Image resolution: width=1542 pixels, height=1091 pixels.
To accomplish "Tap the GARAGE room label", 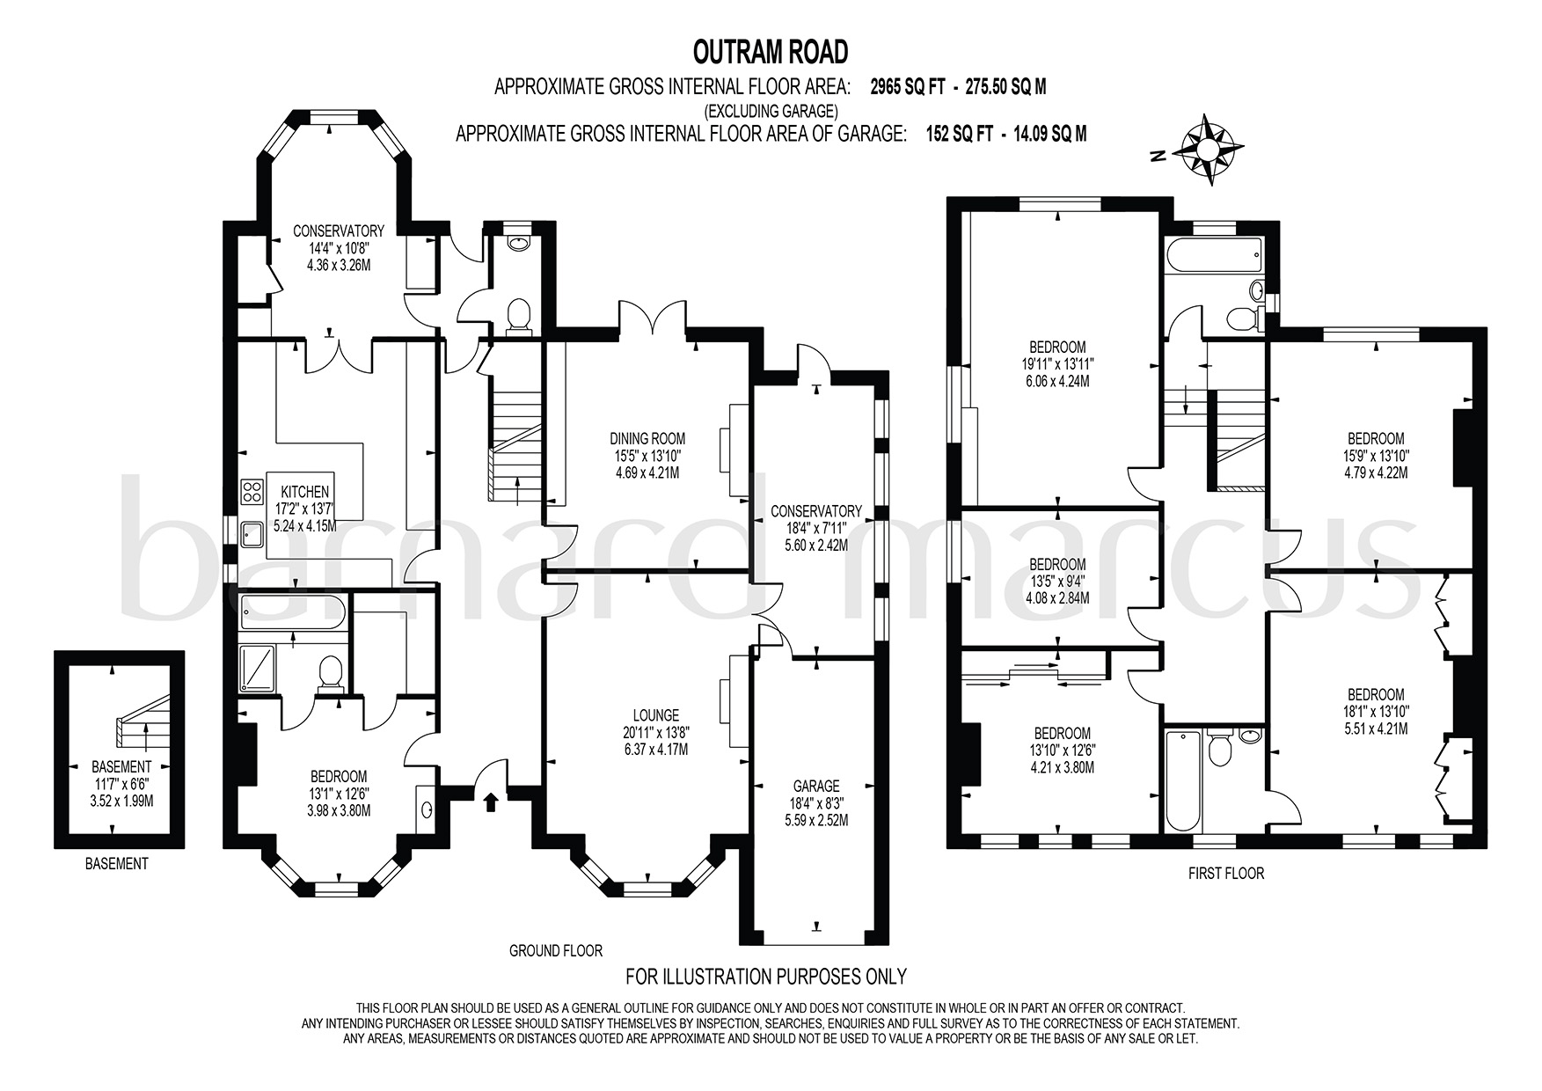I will coord(816,786).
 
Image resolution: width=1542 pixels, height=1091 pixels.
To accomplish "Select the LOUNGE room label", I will coord(655,715).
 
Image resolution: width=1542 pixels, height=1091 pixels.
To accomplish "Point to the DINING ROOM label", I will coord(647,438).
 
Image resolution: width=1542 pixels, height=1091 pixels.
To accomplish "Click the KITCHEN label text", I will coord(304,492).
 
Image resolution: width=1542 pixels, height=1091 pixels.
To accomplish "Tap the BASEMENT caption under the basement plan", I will coord(116,863).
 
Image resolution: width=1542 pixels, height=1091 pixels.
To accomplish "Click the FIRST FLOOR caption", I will coord(1225,874).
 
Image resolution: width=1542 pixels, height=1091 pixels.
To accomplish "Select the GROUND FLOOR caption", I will coord(556,950).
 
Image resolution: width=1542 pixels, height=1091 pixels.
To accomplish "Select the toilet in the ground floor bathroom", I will coord(331,673).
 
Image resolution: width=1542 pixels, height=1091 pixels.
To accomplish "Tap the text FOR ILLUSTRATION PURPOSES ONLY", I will coord(765,976).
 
